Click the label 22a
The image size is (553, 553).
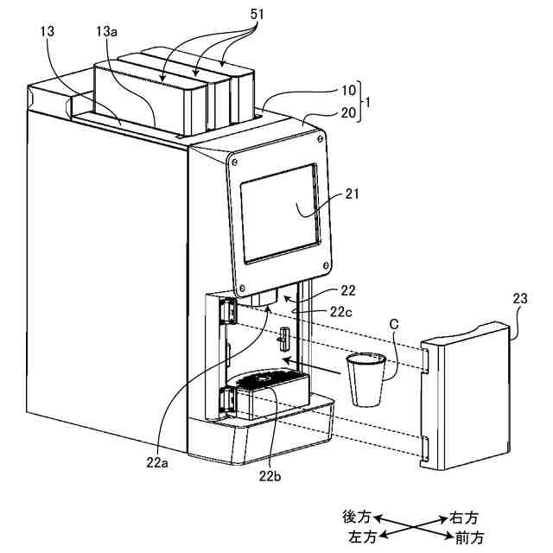coord(156,462)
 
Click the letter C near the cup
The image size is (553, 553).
coord(394,324)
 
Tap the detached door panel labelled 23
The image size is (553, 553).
coord(467,397)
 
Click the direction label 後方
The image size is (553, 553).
coord(356,516)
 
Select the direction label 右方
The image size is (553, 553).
coord(463,517)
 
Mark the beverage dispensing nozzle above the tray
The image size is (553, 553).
coord(265,298)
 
